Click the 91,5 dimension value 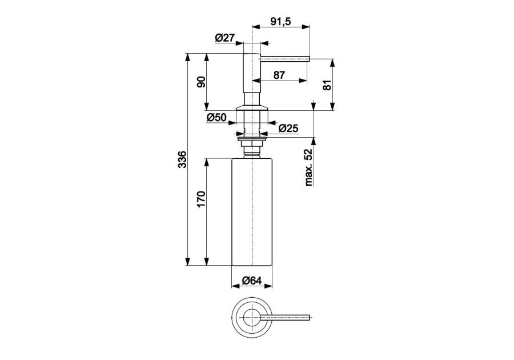(280, 22)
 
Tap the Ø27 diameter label (225, 38)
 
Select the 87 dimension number (279, 75)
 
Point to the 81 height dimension (327, 85)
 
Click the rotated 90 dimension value (201, 82)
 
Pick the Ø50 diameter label (216, 117)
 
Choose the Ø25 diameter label (288, 128)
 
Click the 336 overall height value (182, 159)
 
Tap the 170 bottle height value (201, 199)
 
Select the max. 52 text (308, 167)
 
